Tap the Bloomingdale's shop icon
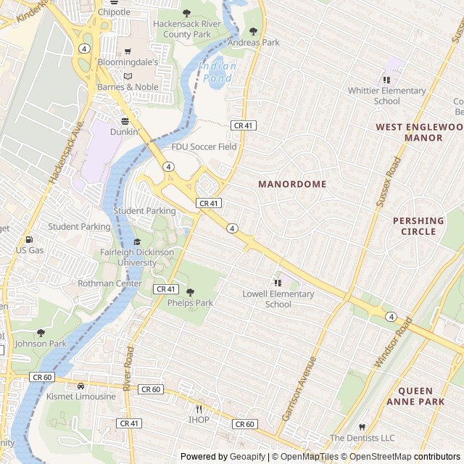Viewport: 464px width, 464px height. click(128, 51)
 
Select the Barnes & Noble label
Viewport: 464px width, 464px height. click(128, 87)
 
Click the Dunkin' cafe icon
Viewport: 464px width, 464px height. click(125, 121)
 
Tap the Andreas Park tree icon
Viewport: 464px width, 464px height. click(253, 31)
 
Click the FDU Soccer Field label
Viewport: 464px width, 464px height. click(204, 147)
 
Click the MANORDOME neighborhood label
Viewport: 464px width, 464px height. click(292, 185)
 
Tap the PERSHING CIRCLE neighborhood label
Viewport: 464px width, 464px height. click(418, 226)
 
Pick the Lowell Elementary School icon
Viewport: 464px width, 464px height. click(278, 283)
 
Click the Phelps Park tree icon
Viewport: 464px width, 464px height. click(191, 292)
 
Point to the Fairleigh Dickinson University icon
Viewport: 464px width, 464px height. click(137, 241)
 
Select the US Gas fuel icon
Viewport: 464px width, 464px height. click(30, 239)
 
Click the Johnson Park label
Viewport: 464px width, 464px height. click(41, 344)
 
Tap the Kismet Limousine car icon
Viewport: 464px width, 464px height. click(80, 386)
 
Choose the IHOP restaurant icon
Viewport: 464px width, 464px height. click(199, 409)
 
